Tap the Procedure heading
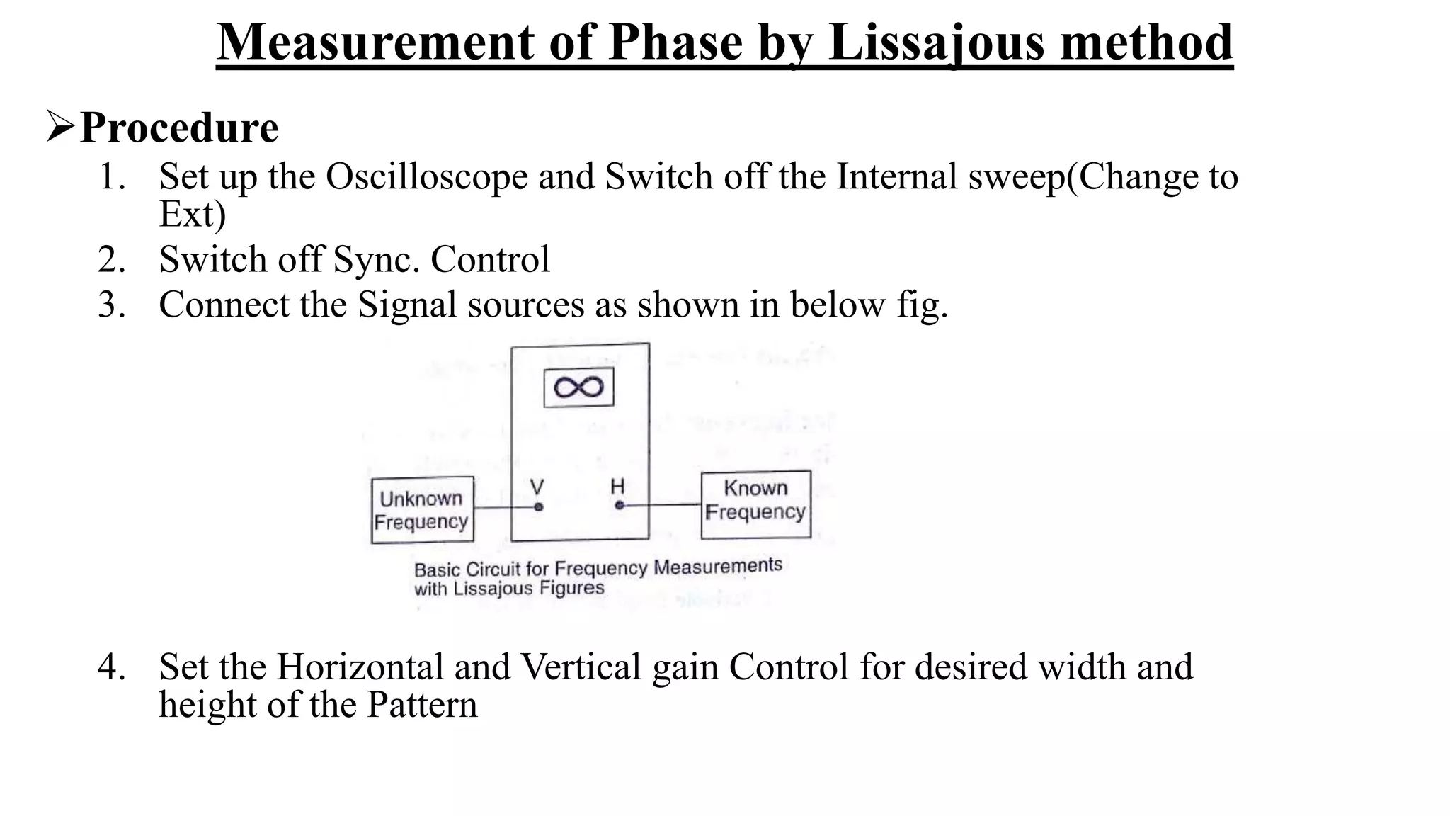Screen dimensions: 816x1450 coord(179,128)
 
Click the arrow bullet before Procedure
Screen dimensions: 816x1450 coord(60,126)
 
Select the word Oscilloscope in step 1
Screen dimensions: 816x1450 coord(426,176)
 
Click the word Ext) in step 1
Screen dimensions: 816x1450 coord(192,214)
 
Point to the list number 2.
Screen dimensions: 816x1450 coord(111,259)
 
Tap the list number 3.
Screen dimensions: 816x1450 coord(111,305)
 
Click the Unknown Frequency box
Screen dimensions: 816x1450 coord(422,510)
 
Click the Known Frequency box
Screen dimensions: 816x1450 coord(755,504)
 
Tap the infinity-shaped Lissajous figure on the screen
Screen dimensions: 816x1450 coord(578,387)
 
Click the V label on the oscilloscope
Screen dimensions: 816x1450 coord(537,487)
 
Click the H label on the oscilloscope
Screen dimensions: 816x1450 coord(617,487)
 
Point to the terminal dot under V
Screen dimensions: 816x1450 coord(539,507)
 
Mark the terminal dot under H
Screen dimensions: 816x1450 coord(620,506)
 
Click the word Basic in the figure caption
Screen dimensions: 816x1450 coord(436,570)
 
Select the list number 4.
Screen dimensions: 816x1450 coord(111,667)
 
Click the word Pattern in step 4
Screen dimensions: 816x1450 coord(422,705)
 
